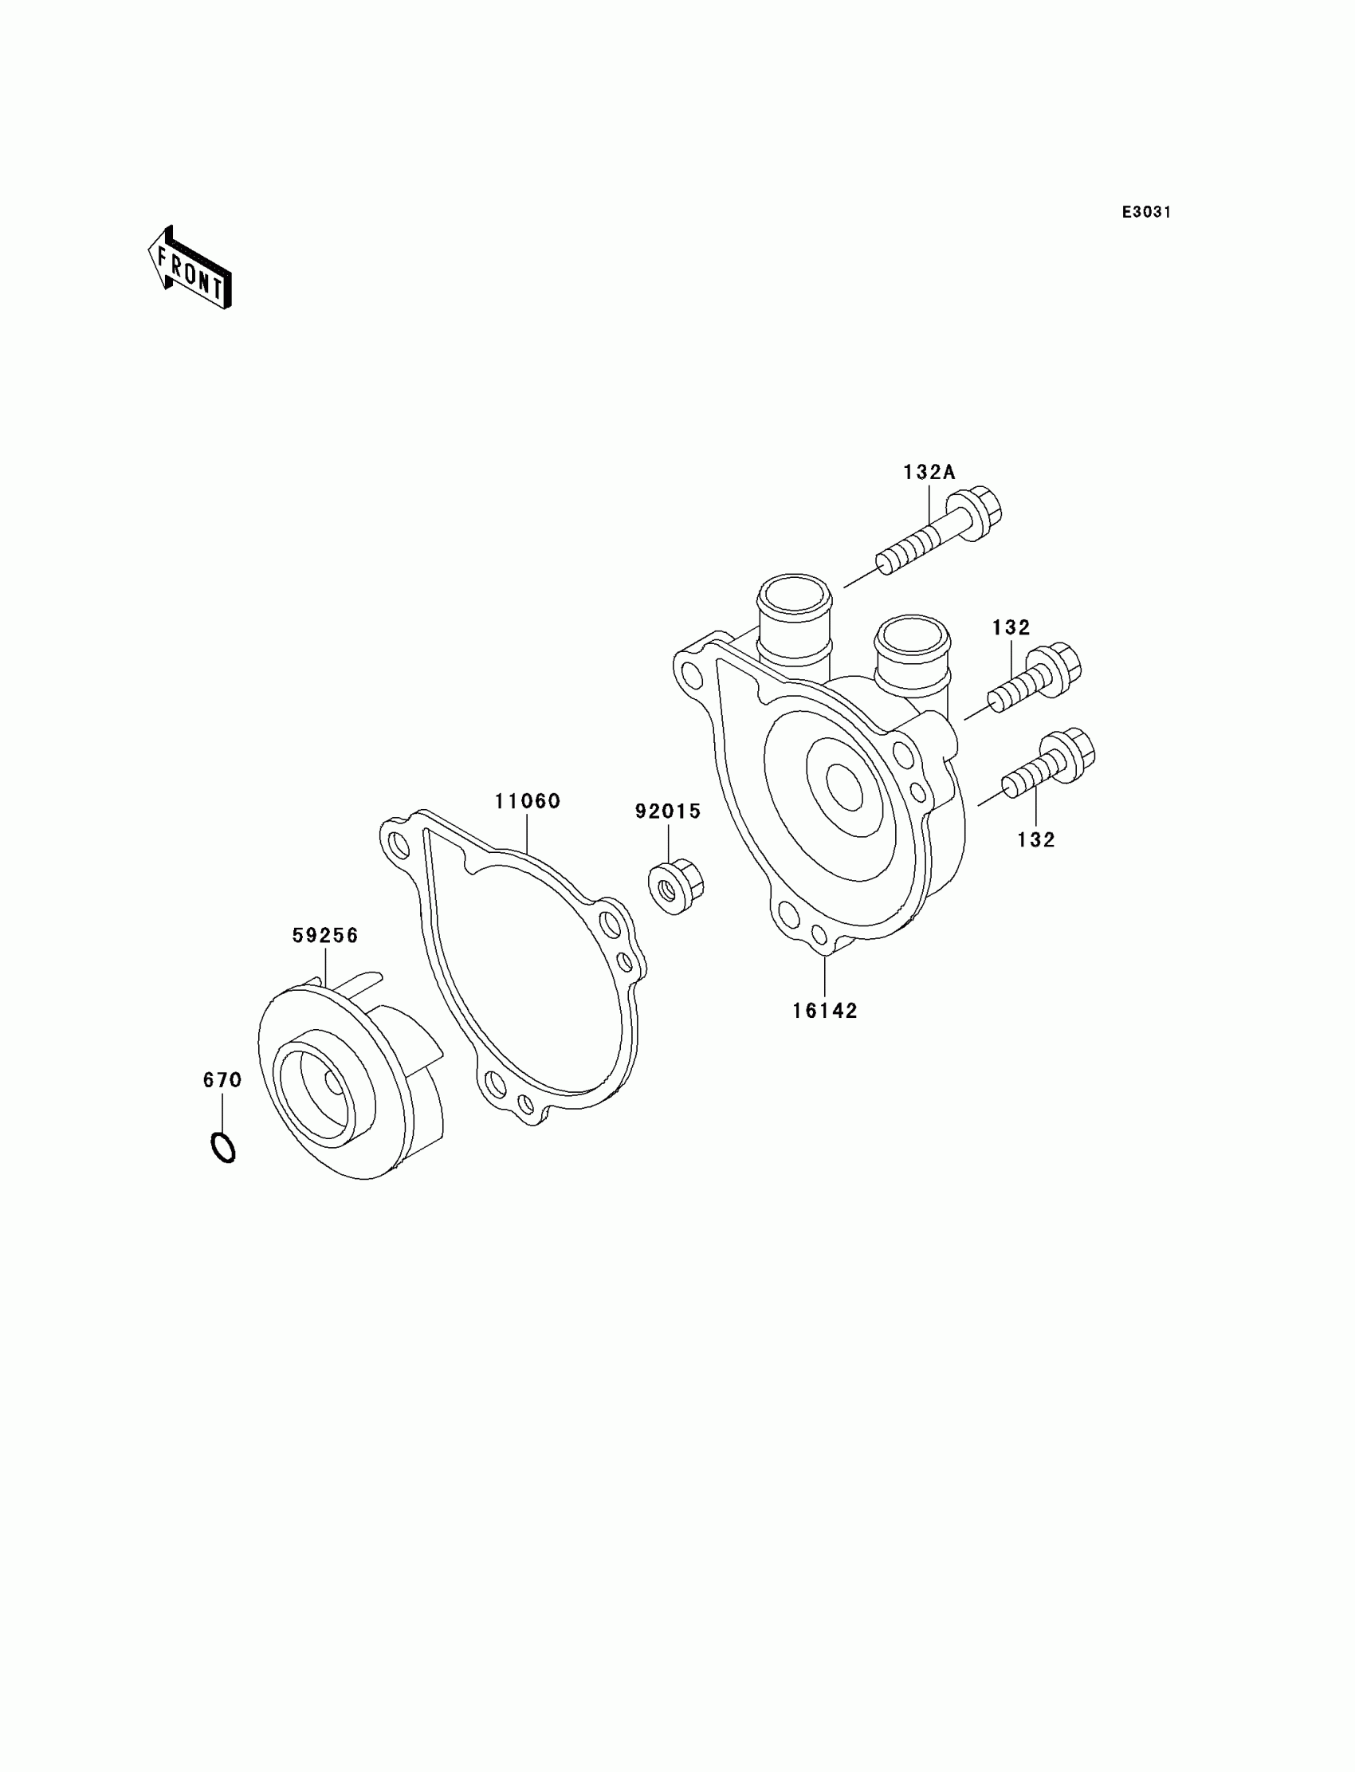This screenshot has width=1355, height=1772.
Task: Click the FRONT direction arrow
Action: pyautogui.click(x=190, y=269)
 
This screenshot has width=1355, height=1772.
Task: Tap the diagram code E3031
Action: pyautogui.click(x=1146, y=212)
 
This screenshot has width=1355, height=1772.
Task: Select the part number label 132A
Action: pyautogui.click(x=929, y=473)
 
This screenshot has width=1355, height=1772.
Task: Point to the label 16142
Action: pyautogui.click(x=824, y=1011)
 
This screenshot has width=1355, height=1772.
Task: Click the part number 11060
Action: pyautogui.click(x=528, y=802)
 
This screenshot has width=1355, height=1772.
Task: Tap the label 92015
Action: pyautogui.click(x=668, y=811)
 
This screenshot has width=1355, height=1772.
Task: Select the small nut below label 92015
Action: pyautogui.click(x=675, y=888)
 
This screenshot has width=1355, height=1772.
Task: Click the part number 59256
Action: pyautogui.click(x=325, y=936)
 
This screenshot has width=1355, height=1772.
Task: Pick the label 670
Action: pyautogui.click(x=222, y=1080)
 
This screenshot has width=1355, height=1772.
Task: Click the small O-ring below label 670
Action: pyautogui.click(x=223, y=1147)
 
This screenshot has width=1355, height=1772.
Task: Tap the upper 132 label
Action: pyautogui.click(x=1011, y=627)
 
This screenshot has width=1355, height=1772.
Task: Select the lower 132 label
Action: pyautogui.click(x=1036, y=839)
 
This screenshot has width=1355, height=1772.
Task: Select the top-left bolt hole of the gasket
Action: pyautogui.click(x=399, y=845)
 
